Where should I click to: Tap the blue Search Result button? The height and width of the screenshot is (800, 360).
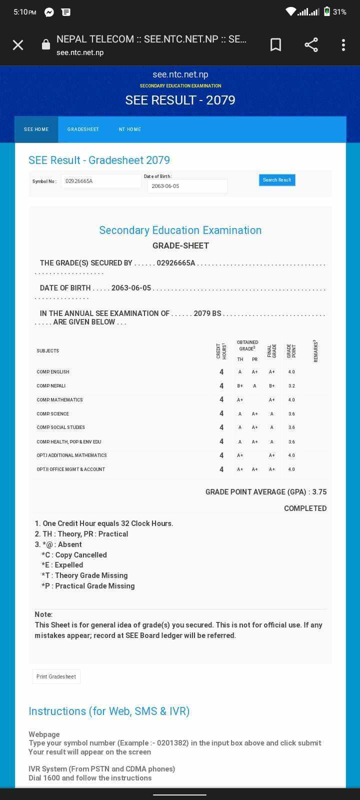(277, 180)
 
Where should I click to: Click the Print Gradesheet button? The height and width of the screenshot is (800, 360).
(56, 676)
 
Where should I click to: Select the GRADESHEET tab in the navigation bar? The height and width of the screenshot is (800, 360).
(83, 129)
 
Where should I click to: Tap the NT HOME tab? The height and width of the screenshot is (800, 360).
(130, 129)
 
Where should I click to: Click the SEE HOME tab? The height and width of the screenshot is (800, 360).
(36, 129)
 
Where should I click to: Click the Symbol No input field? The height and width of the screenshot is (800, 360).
(101, 181)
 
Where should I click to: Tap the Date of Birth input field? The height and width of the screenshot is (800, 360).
(187, 186)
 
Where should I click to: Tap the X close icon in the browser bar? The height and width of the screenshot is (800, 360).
(18, 45)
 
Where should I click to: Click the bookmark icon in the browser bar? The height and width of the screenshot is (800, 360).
(275, 45)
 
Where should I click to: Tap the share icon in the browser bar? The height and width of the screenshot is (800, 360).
(311, 45)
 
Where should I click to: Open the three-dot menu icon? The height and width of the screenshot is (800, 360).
(343, 45)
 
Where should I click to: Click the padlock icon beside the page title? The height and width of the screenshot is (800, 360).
(45, 45)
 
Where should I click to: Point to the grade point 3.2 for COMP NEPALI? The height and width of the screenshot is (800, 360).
(291, 386)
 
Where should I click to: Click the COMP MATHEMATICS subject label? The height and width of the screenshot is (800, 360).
(59, 400)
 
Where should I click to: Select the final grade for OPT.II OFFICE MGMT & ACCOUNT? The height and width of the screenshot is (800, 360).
(271, 469)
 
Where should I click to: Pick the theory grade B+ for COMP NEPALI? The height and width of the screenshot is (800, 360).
(240, 386)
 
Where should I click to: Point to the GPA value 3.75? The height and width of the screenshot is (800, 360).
(319, 492)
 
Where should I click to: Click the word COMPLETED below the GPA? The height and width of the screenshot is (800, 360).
(305, 508)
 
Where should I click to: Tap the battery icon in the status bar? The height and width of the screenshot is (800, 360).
(326, 11)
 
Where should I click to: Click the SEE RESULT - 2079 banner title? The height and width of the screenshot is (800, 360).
(180, 100)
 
